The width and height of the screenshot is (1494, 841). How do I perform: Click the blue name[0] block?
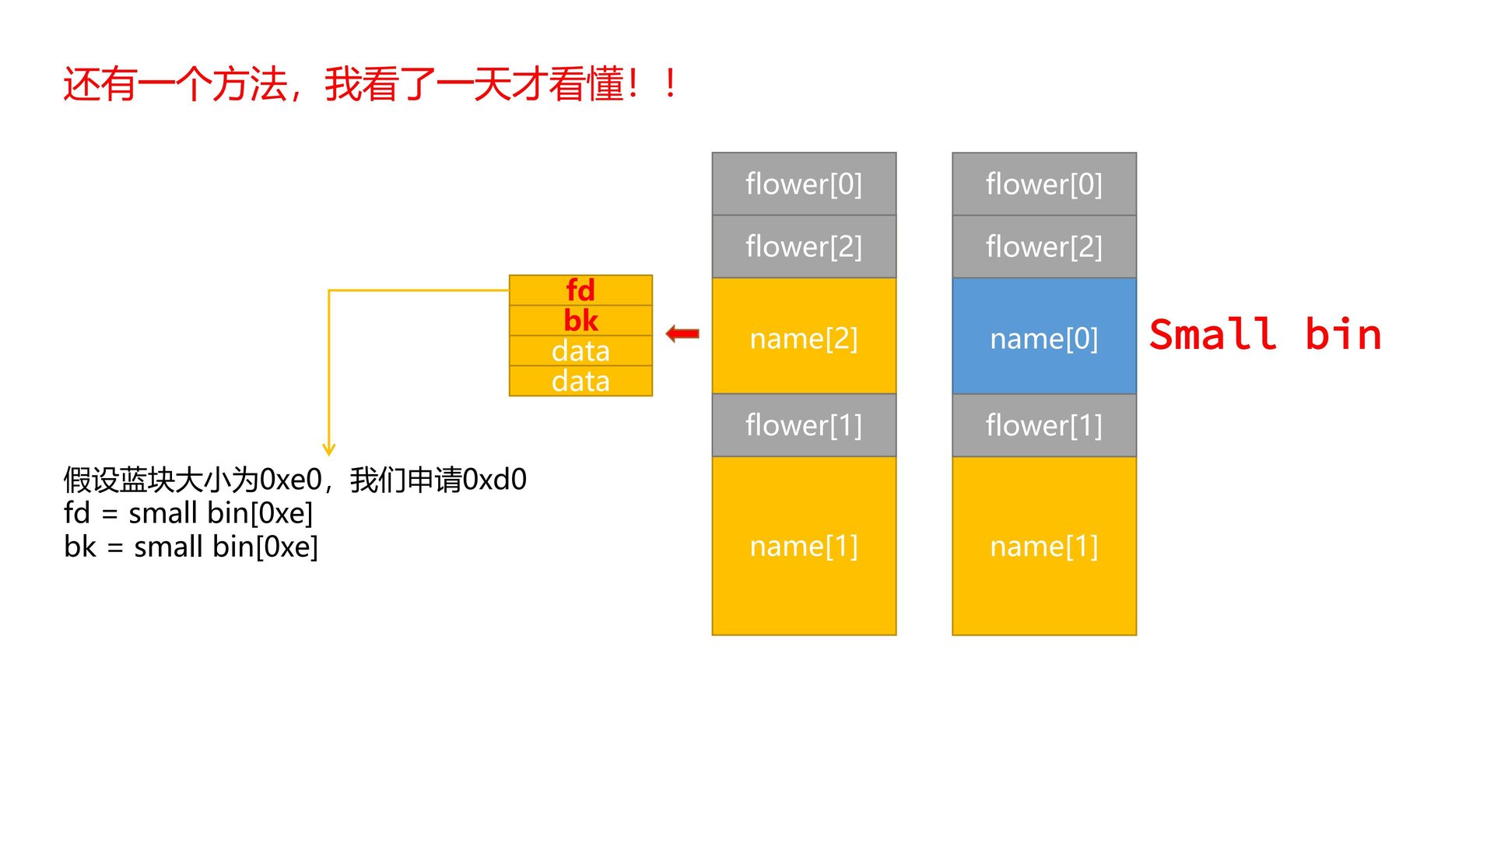[x=1043, y=336]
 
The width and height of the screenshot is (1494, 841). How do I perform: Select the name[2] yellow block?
[x=804, y=336]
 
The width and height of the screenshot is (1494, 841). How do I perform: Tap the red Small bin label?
[x=1264, y=335]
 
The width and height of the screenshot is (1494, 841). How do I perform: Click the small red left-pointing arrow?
[x=682, y=334]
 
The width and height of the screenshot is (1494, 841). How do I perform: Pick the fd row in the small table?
[x=580, y=290]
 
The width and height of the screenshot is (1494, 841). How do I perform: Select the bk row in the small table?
[x=580, y=320]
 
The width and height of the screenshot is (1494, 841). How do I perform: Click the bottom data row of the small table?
[x=580, y=381]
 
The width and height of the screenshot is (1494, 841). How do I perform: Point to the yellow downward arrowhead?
[x=329, y=449]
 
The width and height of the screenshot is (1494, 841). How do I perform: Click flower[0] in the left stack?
[x=804, y=184]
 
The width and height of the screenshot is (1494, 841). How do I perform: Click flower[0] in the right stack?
[x=1043, y=184]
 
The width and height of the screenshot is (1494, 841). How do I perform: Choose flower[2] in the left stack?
[x=804, y=246]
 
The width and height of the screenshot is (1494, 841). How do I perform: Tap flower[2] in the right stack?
[x=1043, y=246]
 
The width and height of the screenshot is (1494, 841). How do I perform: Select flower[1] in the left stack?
[x=804, y=425]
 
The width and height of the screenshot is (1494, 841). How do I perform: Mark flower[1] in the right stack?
[x=1043, y=425]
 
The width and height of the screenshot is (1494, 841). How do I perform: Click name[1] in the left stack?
[x=804, y=546]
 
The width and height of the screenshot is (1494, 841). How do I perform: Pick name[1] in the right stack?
[x=1043, y=546]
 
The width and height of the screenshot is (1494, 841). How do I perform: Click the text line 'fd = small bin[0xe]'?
[x=188, y=513]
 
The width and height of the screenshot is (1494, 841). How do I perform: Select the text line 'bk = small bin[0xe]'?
[x=191, y=547]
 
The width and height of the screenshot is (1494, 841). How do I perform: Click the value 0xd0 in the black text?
[x=494, y=480]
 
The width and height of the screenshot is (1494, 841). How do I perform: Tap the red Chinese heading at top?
[x=370, y=84]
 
